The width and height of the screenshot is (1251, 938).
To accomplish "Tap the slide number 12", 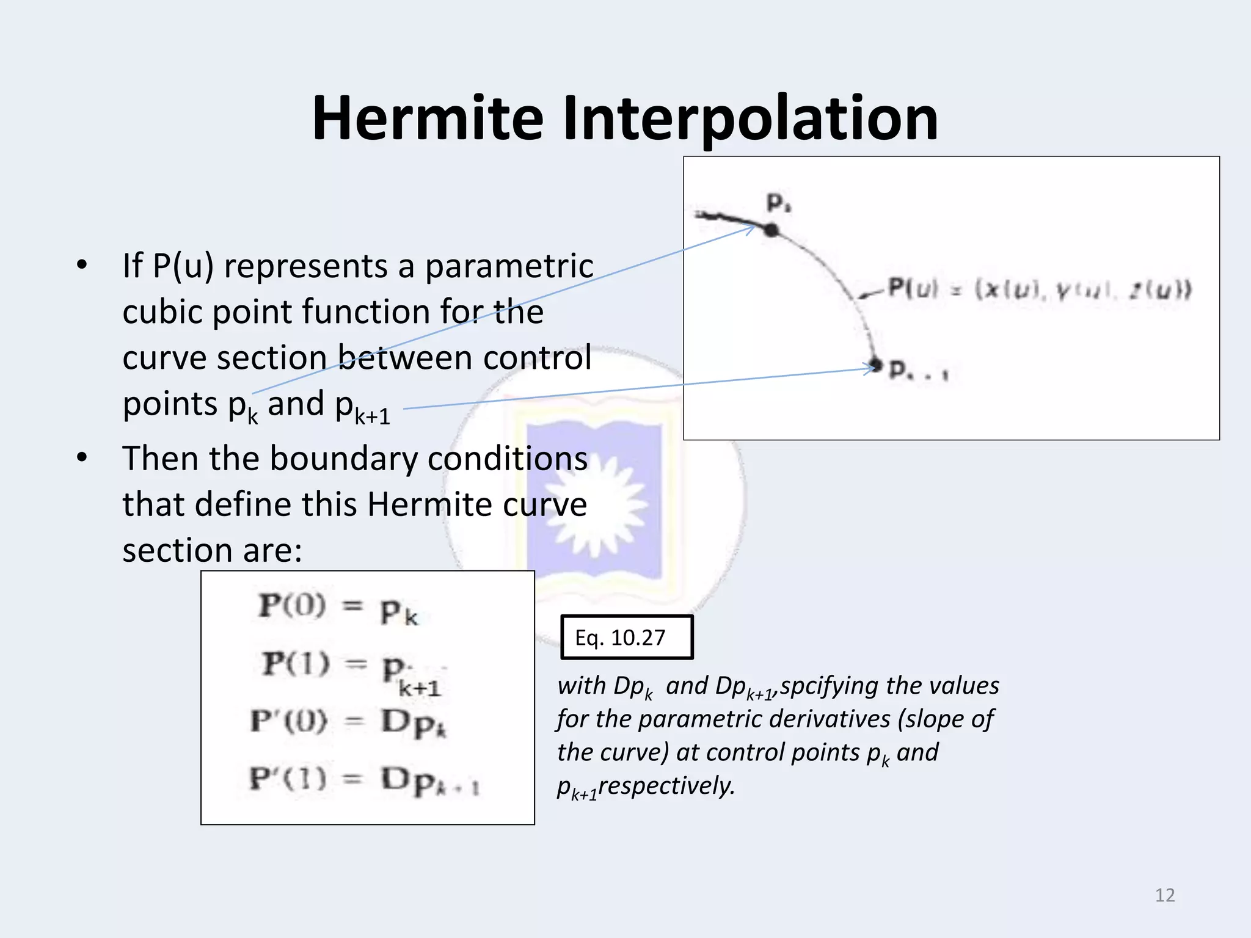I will coord(1164,895).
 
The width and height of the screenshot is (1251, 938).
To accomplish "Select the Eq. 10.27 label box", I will coord(626,638).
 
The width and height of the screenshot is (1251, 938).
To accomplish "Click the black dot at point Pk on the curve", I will coord(771,230).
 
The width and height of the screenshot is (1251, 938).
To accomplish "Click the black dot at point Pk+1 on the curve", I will coord(877,365).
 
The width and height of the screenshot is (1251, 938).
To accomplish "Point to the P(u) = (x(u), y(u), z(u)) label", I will coord(1038,288).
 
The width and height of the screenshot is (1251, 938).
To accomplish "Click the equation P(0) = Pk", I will coord(338,608).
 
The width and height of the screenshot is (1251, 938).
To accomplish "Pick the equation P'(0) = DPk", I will coord(348,722).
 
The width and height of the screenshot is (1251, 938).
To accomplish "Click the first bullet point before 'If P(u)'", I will coord(82,266).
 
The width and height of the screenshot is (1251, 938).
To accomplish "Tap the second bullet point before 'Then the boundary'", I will coord(82,458).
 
